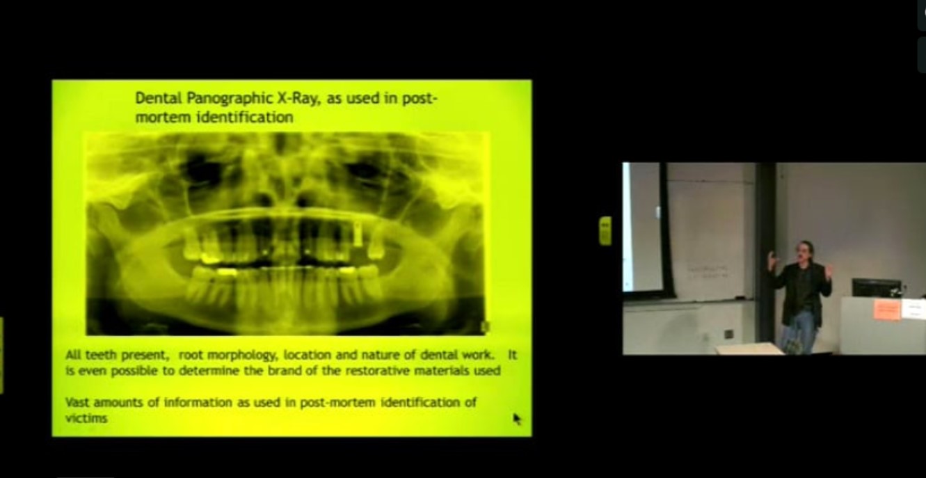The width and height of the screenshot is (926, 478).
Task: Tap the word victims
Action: [86, 418]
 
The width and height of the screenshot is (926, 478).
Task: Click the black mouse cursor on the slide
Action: [517, 418]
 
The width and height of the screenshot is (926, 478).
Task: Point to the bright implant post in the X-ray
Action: [358, 234]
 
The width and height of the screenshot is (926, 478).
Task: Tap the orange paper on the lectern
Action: [887, 309]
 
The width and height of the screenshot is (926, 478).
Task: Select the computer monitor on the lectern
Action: [876, 287]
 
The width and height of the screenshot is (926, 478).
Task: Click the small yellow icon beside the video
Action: [605, 230]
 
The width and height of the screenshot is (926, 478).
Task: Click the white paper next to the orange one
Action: [913, 308]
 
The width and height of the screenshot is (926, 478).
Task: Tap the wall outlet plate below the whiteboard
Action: [728, 334]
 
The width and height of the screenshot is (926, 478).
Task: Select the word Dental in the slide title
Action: [155, 99]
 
